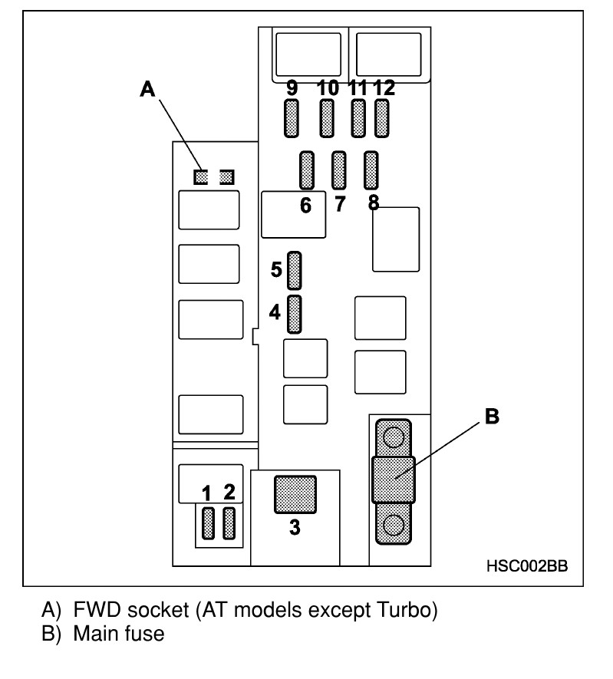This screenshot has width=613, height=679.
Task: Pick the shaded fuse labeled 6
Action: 306,170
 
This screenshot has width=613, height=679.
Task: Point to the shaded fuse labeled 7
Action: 338,170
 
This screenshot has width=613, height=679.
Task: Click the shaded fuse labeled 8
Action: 371,170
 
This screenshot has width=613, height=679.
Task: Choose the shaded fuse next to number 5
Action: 294,270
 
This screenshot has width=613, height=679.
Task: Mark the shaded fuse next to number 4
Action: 294,314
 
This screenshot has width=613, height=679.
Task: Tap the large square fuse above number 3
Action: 295,493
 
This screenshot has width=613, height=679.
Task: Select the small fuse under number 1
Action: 207,523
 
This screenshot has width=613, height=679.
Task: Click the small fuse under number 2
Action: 228,523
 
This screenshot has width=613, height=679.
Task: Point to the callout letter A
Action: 147,90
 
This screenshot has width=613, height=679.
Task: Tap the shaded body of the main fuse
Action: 393,480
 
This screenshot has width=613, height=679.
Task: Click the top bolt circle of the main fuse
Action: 393,437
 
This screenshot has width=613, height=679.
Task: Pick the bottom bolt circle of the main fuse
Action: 393,526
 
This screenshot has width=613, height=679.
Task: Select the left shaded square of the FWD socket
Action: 201,177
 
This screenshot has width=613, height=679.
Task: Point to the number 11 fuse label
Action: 357,87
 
